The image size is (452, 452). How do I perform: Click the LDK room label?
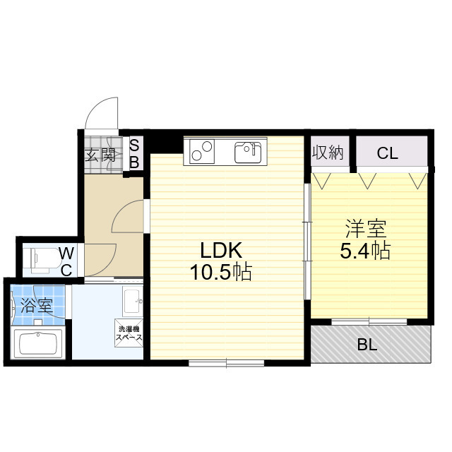pos(221,250)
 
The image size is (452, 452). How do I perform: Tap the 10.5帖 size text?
pos(221,272)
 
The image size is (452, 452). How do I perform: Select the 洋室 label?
pos(366,229)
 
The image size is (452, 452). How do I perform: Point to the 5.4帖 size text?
pos(365,251)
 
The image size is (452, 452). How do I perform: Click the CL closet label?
pos(387,153)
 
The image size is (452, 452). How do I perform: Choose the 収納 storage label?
pos(328,153)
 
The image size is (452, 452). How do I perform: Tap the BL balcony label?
pos(367,344)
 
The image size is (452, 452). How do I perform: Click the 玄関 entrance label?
pos(100,155)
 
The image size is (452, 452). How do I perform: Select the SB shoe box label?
pos(134,154)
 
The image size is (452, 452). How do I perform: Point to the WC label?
pos(67,262)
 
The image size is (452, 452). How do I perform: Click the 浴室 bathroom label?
pos(37,306)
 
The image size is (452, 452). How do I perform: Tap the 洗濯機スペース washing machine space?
pos(129,333)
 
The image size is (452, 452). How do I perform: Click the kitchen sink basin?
pos(248,153)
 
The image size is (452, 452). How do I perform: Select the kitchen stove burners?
pos(202,151)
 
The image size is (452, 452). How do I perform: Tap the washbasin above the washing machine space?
pos(133,302)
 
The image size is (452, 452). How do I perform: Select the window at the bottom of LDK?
pos(227,363)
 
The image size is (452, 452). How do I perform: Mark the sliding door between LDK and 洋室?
pos(308,242)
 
